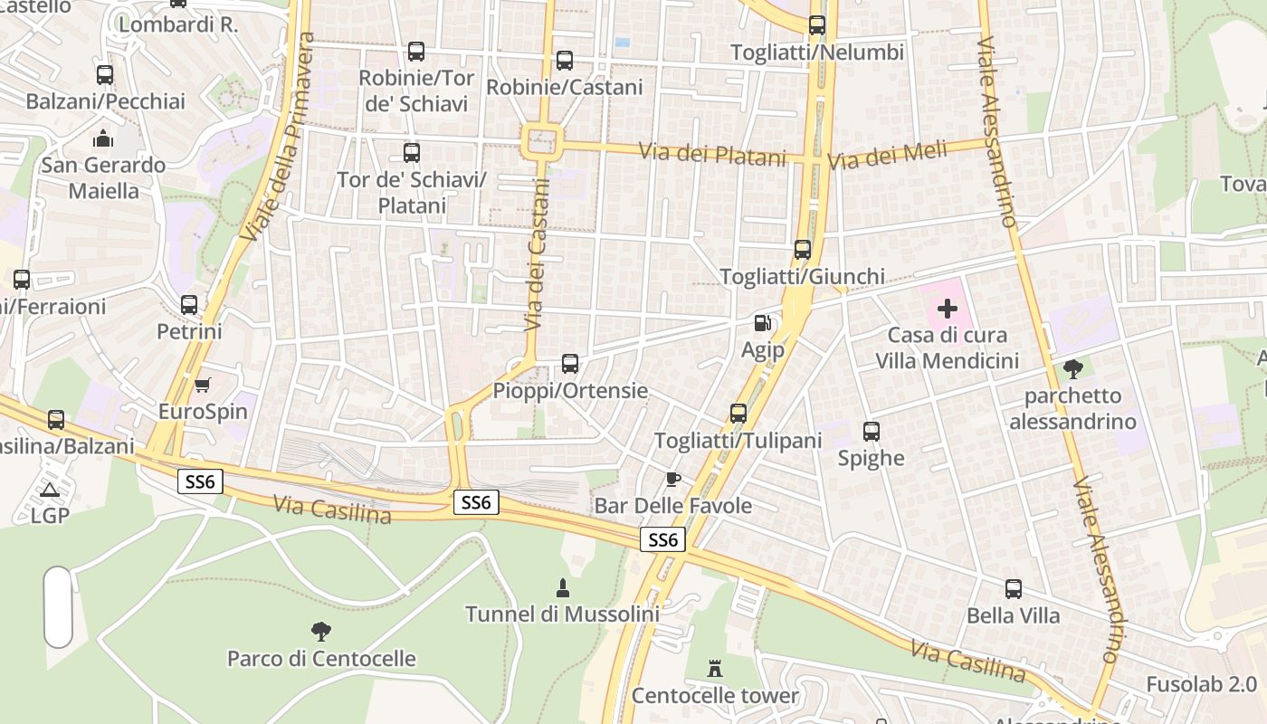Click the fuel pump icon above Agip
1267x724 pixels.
pos(763,322)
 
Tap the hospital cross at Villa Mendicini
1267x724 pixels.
pos(948,310)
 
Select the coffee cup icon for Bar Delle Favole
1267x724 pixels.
pos(672,479)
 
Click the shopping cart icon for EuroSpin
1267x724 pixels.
pos(203,386)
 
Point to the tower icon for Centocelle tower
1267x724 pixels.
pos(715,669)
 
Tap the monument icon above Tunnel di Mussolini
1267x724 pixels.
pos(562,588)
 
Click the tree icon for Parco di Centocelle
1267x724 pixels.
pos(320,632)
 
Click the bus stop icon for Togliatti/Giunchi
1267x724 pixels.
pos(803,250)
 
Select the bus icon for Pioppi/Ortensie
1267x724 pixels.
pos(570,364)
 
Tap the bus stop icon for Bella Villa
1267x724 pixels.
pos(1014,589)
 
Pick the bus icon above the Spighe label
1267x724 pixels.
pos(872,432)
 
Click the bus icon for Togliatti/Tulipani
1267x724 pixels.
pos(738,414)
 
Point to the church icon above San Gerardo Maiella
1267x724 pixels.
pos(103,138)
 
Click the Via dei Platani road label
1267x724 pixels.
pos(713,155)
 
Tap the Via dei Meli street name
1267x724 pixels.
pos(887,156)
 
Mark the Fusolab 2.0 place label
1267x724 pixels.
pos(1201,684)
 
